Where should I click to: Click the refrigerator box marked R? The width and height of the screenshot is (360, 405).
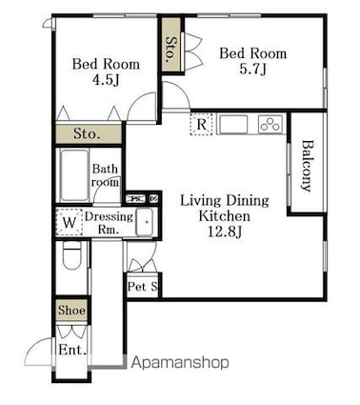point(201,124)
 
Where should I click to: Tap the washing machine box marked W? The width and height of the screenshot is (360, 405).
point(70,222)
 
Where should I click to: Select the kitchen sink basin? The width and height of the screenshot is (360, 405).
point(233,125)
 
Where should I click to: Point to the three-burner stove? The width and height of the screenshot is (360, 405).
point(270,124)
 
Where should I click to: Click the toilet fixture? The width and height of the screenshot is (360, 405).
point(71,255)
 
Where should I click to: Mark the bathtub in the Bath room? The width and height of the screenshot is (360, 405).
point(74,174)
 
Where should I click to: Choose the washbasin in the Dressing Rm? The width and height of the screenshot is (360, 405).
point(145,222)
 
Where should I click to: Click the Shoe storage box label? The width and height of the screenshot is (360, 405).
point(71,310)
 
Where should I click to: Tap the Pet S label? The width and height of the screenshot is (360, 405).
point(143,287)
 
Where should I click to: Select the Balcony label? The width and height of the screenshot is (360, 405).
point(306,166)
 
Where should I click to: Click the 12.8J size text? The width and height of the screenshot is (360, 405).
point(225,232)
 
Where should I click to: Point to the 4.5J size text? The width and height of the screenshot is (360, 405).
point(106,80)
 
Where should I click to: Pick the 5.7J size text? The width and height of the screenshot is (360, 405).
point(252,70)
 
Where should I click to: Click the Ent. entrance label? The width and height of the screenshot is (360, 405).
point(72,350)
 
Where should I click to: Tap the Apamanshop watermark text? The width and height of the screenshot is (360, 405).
point(180,362)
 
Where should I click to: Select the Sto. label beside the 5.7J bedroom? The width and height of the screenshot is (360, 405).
point(170,50)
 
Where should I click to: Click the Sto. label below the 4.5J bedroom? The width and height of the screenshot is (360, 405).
point(87,134)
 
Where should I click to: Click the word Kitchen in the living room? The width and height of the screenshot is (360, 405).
point(225,216)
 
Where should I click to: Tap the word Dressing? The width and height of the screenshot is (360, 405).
point(109,217)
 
